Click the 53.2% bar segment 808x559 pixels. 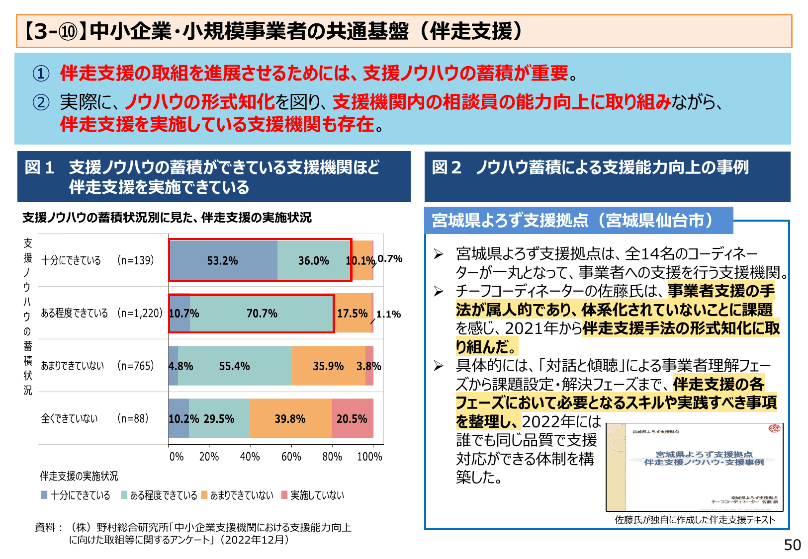tap(223, 260)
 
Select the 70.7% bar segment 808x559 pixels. tap(262, 314)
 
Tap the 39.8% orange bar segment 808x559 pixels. tap(290, 418)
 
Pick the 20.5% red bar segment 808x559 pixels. tap(352, 418)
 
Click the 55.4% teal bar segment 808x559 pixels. tap(235, 366)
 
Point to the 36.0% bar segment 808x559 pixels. tap(314, 260)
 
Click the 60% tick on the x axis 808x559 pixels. tap(291, 456)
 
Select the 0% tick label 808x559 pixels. tap(176, 456)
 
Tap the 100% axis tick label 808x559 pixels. tap(369, 456)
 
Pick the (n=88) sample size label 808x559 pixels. tap(133, 418)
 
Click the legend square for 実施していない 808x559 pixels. tap(284, 495)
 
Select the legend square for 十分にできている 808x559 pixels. tap(44, 495)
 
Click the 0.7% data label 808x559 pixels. tap(390, 258)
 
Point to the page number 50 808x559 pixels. tap(792, 545)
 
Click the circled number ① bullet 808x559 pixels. tap(41, 74)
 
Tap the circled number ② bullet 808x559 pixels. tap(41, 102)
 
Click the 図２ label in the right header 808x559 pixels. tap(447, 167)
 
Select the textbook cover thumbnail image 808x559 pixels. tap(694, 467)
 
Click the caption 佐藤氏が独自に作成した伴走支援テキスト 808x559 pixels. tap(695, 520)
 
